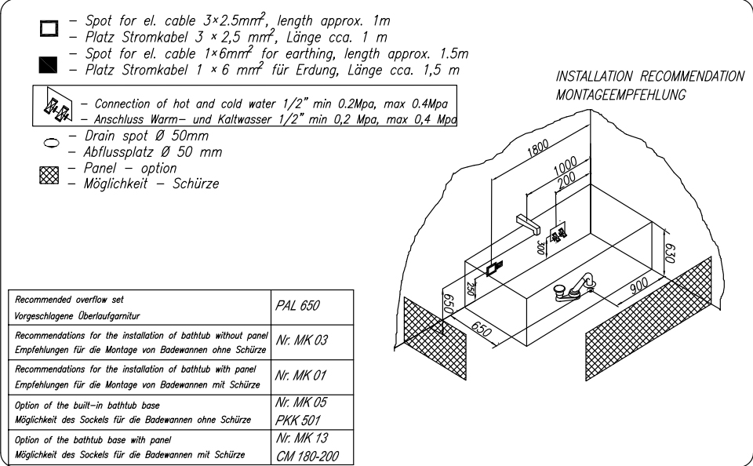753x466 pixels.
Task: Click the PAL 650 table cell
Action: click(301, 308)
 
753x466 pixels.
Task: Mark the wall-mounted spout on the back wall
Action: click(530, 224)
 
